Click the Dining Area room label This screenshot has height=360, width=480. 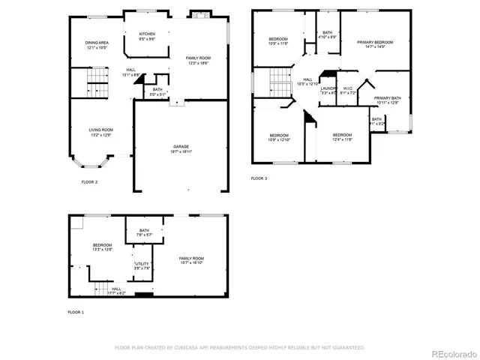click(96, 45)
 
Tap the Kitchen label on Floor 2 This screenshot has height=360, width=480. click(147, 36)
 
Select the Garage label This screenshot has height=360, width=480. click(181, 148)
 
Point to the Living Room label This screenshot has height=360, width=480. click(100, 132)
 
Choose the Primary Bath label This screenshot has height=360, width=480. click(388, 100)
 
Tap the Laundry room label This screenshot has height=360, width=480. click(328, 90)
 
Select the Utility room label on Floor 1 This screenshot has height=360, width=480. click(142, 265)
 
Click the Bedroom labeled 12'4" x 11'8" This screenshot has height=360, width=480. click(342, 136)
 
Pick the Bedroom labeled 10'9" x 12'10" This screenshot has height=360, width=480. click(279, 138)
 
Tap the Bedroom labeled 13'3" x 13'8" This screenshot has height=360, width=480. click(102, 247)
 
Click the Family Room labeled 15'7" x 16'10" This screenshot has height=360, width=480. click(191, 260)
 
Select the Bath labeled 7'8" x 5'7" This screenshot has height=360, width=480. click(144, 232)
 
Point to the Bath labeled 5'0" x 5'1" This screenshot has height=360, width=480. click(157, 92)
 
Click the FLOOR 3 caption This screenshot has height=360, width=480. click(259, 178)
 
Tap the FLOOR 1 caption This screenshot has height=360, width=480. click(76, 311)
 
